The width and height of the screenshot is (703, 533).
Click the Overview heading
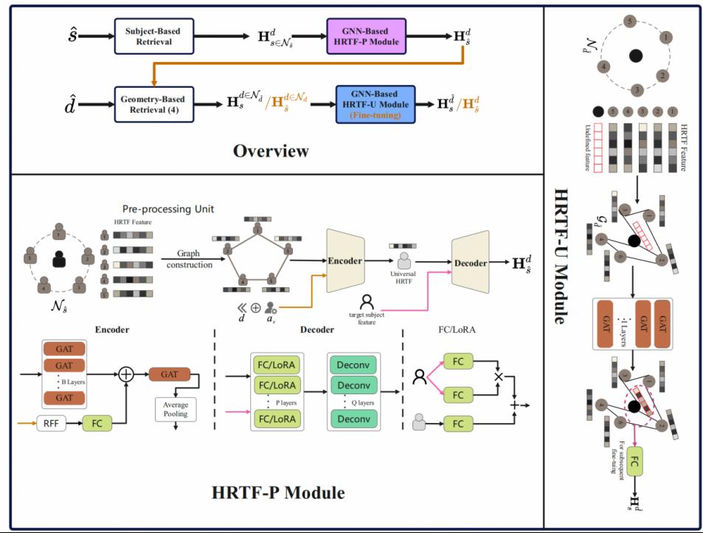(x=271, y=151)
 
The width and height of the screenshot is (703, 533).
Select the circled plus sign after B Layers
(x=126, y=374)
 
